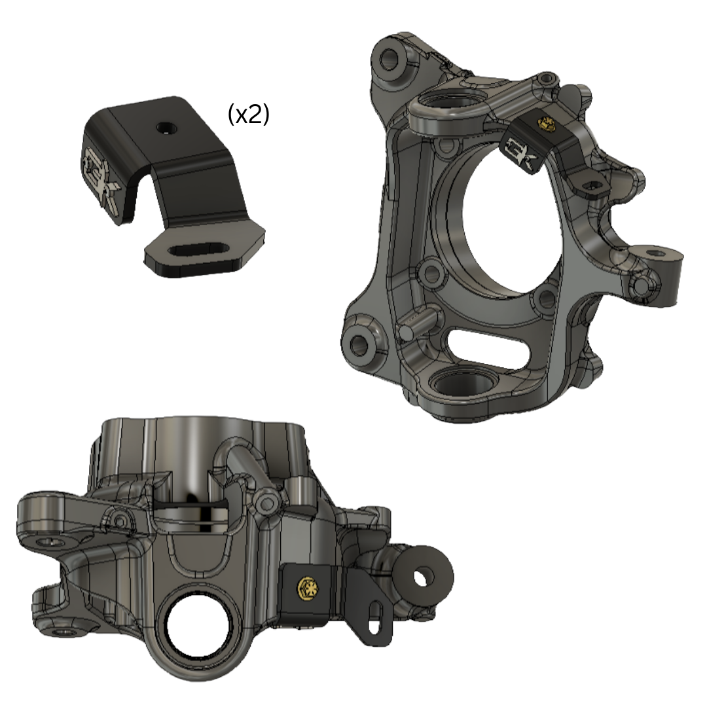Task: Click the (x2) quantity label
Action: coord(248,115)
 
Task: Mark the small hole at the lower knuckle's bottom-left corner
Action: coord(64,632)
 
